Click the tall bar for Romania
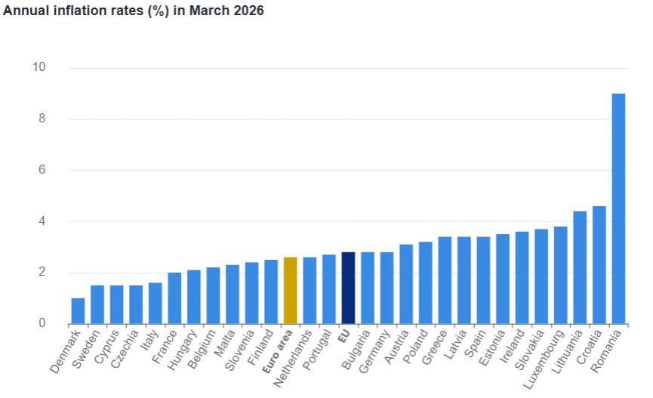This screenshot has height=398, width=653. tap(618, 209)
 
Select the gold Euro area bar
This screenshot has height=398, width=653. tap(290, 291)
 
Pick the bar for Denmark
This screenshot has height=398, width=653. tap(78, 311)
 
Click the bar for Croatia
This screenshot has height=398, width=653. tap(599, 265)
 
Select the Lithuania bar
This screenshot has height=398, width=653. tap(580, 268)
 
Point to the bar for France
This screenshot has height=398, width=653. tap(174, 298)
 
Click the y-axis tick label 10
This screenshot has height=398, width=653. tap(39, 68)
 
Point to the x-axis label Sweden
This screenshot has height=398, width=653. tap(86, 350)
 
